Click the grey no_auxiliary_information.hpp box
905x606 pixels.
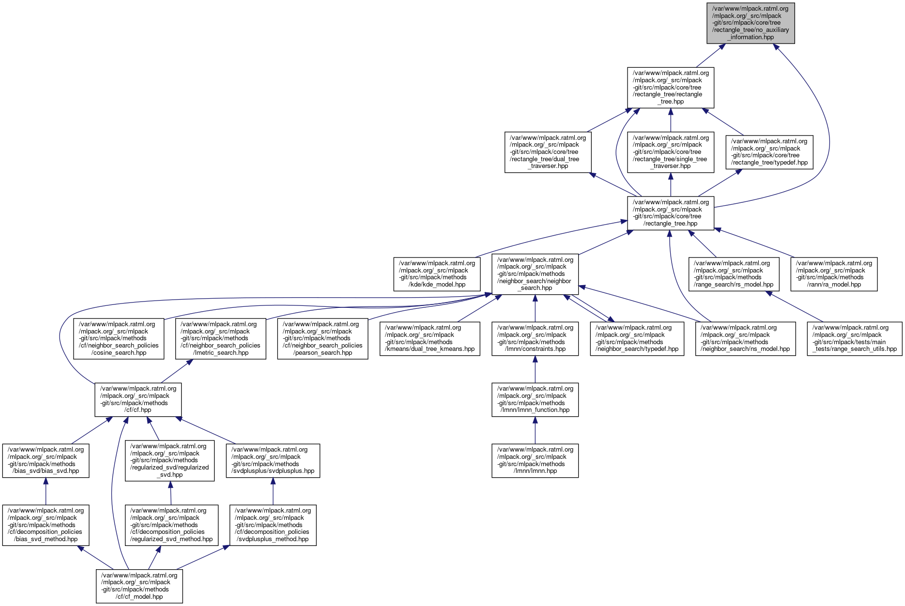(750, 23)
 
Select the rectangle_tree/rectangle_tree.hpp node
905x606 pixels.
(670, 87)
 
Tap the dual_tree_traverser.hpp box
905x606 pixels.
(548, 152)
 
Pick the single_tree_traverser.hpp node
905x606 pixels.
(670, 152)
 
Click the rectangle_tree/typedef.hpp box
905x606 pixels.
(769, 152)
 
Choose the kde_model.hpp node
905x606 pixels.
(437, 274)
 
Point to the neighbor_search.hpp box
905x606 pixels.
(535, 274)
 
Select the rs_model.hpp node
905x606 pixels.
(734, 274)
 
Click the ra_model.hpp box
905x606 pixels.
(833, 274)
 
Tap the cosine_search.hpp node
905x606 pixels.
(119, 338)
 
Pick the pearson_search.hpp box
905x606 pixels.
(322, 338)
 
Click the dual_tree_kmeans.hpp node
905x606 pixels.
(429, 338)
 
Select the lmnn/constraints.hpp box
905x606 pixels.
(535, 338)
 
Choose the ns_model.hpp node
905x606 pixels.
(745, 338)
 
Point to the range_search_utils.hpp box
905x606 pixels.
(854, 338)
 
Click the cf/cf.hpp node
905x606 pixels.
(138, 399)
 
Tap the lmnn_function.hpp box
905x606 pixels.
(535, 399)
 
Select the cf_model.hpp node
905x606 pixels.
(139, 586)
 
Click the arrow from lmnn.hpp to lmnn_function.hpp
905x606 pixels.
(535, 430)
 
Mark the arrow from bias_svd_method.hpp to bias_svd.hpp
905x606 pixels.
(46, 491)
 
